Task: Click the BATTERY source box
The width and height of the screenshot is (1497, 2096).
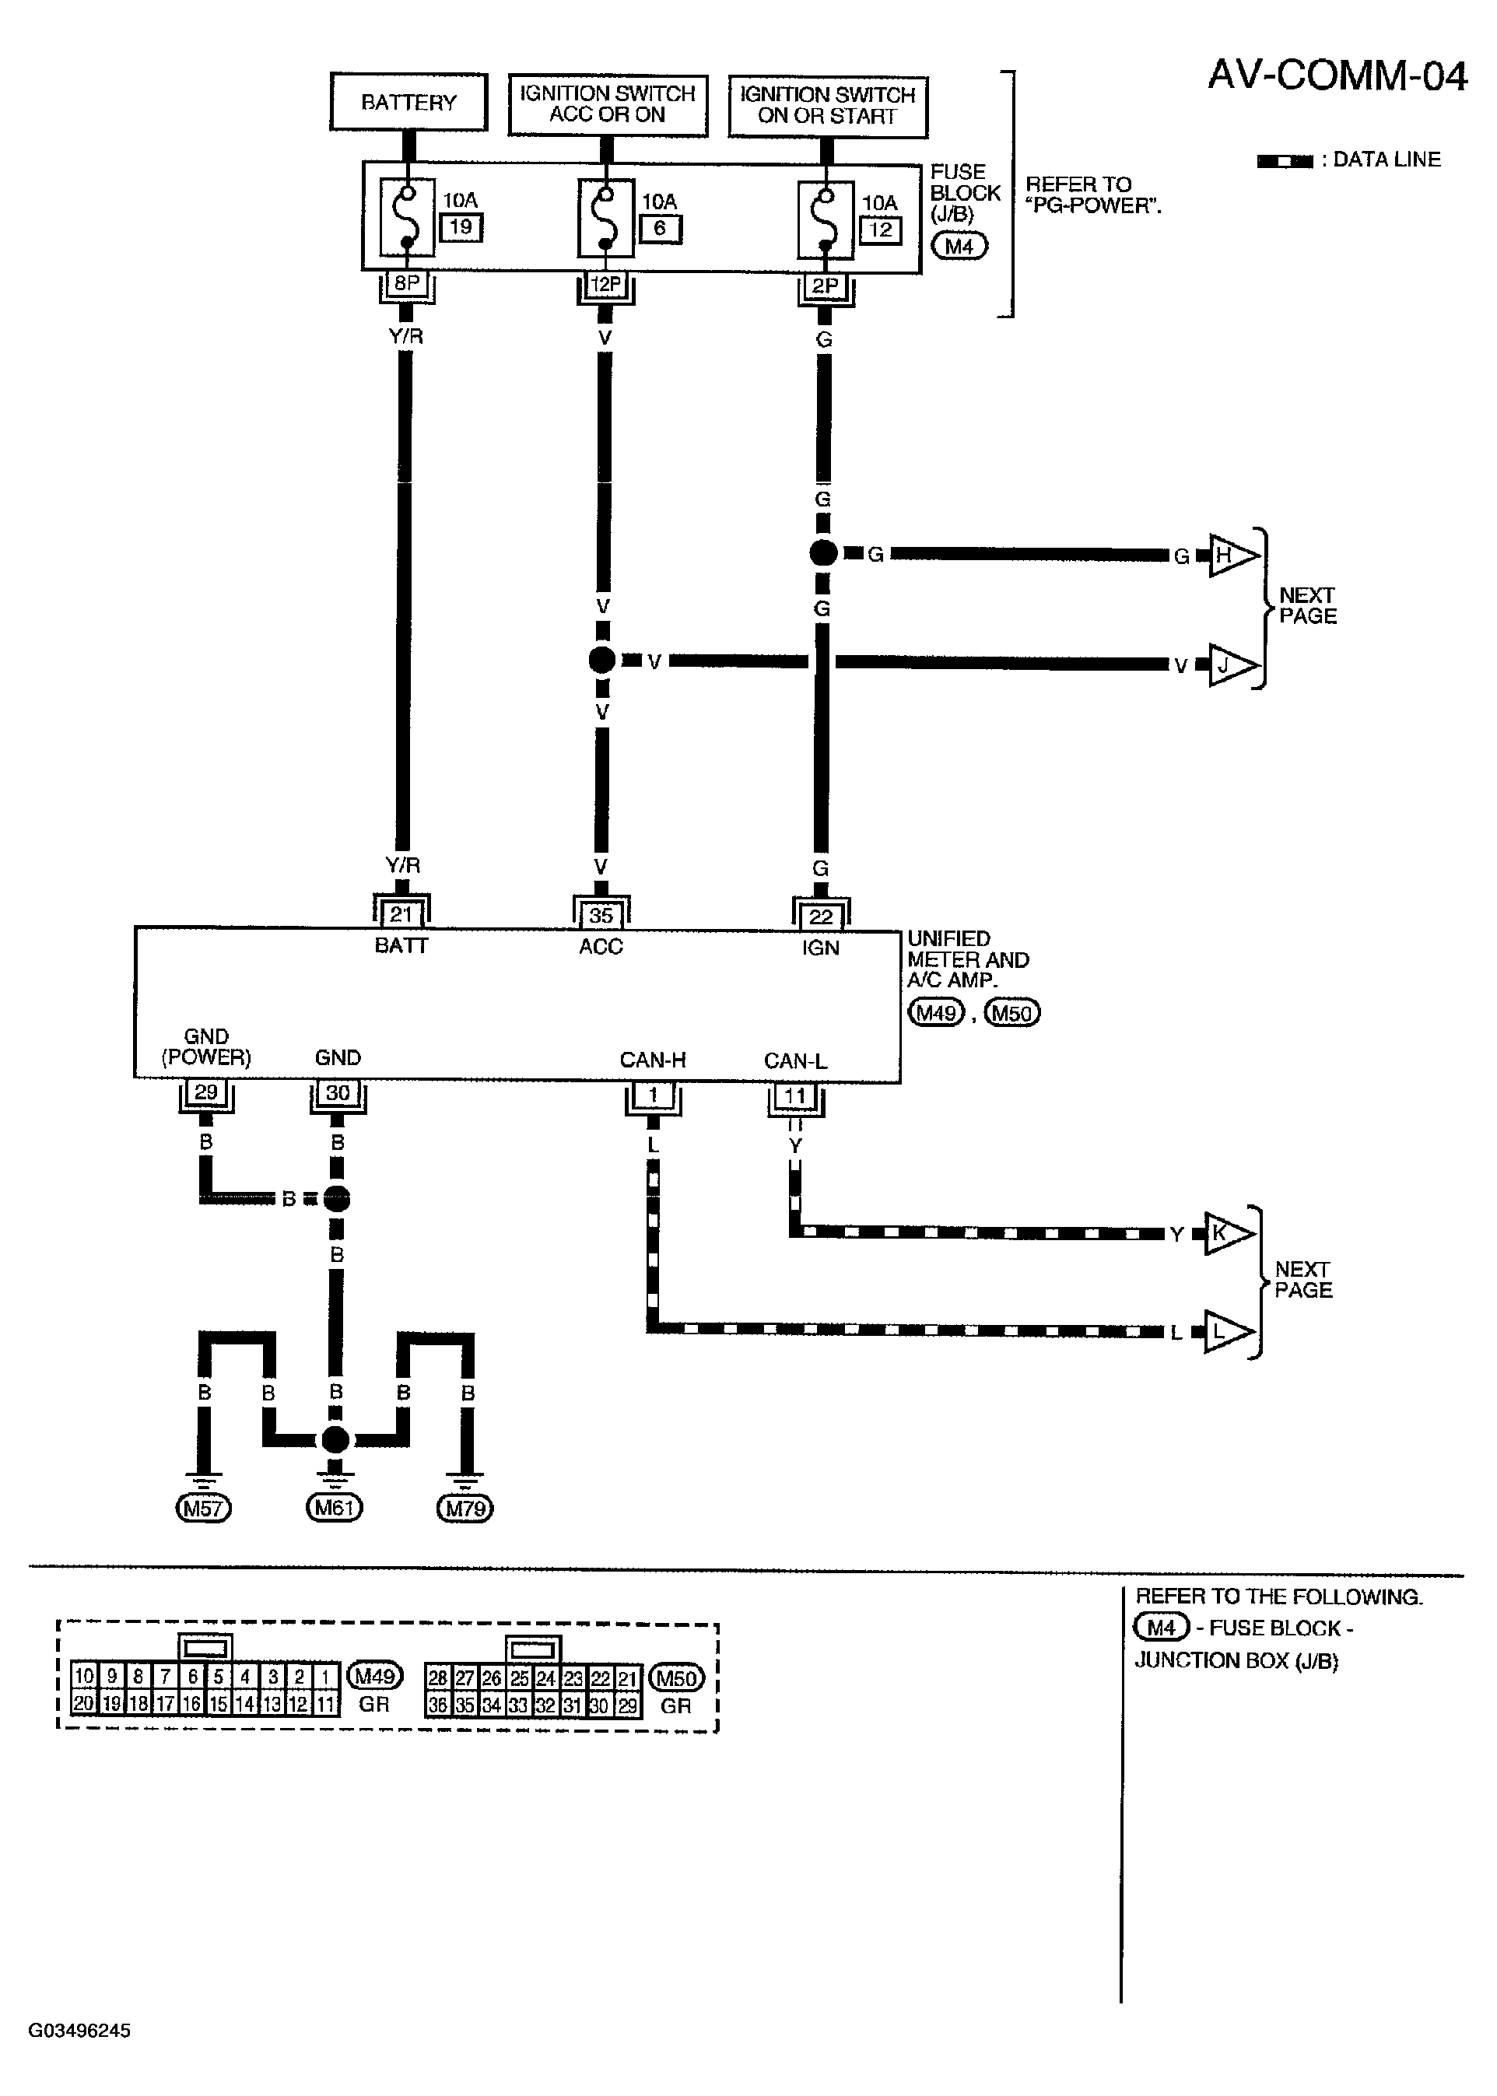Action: pyautogui.click(x=408, y=101)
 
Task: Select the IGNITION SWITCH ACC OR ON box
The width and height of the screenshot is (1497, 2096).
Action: pyautogui.click(x=608, y=104)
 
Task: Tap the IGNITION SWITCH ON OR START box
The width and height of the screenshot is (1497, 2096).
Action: pyautogui.click(x=828, y=106)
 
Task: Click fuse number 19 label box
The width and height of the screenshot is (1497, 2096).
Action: pyautogui.click(x=461, y=226)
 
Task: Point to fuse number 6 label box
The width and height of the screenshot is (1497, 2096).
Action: pyautogui.click(x=660, y=229)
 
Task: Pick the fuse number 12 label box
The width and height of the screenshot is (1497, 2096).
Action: pyautogui.click(x=880, y=230)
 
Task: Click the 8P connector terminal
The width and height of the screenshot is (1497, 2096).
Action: pyautogui.click(x=406, y=286)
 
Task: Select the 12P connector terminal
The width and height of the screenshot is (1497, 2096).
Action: pyautogui.click(x=605, y=286)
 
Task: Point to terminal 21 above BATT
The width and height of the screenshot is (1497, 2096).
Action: pyautogui.click(x=401, y=913)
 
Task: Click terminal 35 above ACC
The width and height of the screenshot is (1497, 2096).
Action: pyautogui.click(x=601, y=913)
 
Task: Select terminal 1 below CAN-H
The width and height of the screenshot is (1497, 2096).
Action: pyautogui.click(x=653, y=1098)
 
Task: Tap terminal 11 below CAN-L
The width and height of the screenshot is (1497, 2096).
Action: pyautogui.click(x=795, y=1099)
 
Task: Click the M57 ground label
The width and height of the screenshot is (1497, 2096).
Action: pyautogui.click(x=203, y=1509)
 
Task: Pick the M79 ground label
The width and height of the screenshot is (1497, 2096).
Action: pyautogui.click(x=465, y=1509)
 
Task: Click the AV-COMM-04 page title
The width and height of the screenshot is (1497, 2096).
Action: pyautogui.click(x=1337, y=75)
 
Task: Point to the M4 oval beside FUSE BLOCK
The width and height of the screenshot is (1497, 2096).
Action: pyautogui.click(x=959, y=246)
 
